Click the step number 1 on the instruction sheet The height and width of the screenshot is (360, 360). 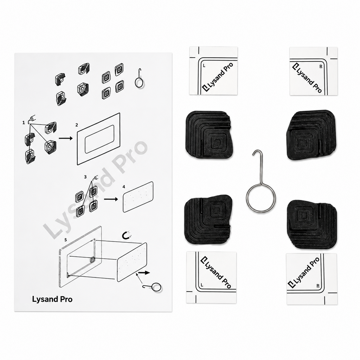24,123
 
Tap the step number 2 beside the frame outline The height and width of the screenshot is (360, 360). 77,125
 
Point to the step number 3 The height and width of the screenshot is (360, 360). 85,177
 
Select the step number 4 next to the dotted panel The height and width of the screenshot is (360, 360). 124,187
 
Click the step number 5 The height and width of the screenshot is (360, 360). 66,240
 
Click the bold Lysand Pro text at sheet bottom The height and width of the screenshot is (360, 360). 52,300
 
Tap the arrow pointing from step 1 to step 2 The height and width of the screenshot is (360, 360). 66,138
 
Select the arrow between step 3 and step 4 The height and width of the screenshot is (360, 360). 111,199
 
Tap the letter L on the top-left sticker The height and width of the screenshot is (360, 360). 204,66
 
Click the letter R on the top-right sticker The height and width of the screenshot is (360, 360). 321,66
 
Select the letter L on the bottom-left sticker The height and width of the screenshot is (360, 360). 202,285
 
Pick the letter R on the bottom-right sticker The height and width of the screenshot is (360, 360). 318,286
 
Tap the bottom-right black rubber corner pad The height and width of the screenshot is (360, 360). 312,224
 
